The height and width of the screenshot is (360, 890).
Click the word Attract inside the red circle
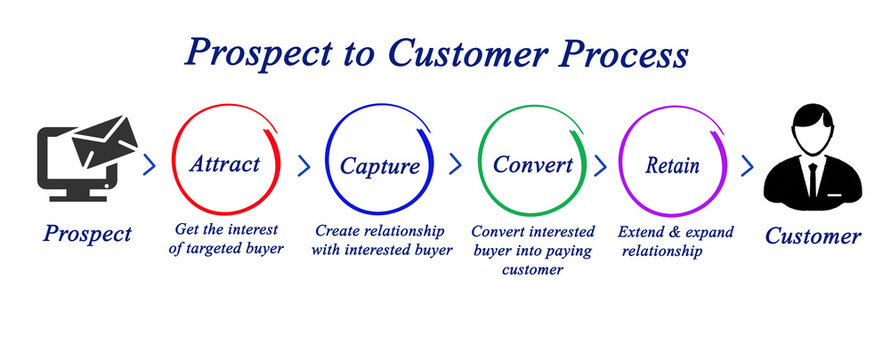(226, 163)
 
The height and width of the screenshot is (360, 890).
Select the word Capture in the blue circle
(380, 165)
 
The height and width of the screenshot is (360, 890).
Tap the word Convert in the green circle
(533, 163)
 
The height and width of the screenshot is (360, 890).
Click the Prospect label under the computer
(87, 234)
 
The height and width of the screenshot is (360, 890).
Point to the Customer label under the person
(813, 237)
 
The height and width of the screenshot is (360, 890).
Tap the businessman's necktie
(811, 180)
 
